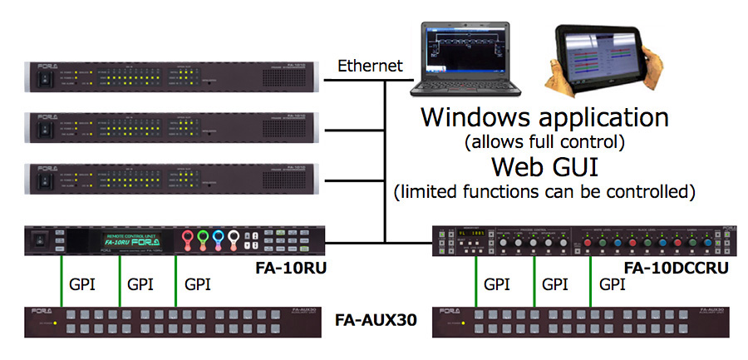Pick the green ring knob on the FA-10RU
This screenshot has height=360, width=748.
203,239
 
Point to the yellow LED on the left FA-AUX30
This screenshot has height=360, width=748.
55,323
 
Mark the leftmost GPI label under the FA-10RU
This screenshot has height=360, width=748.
81,284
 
